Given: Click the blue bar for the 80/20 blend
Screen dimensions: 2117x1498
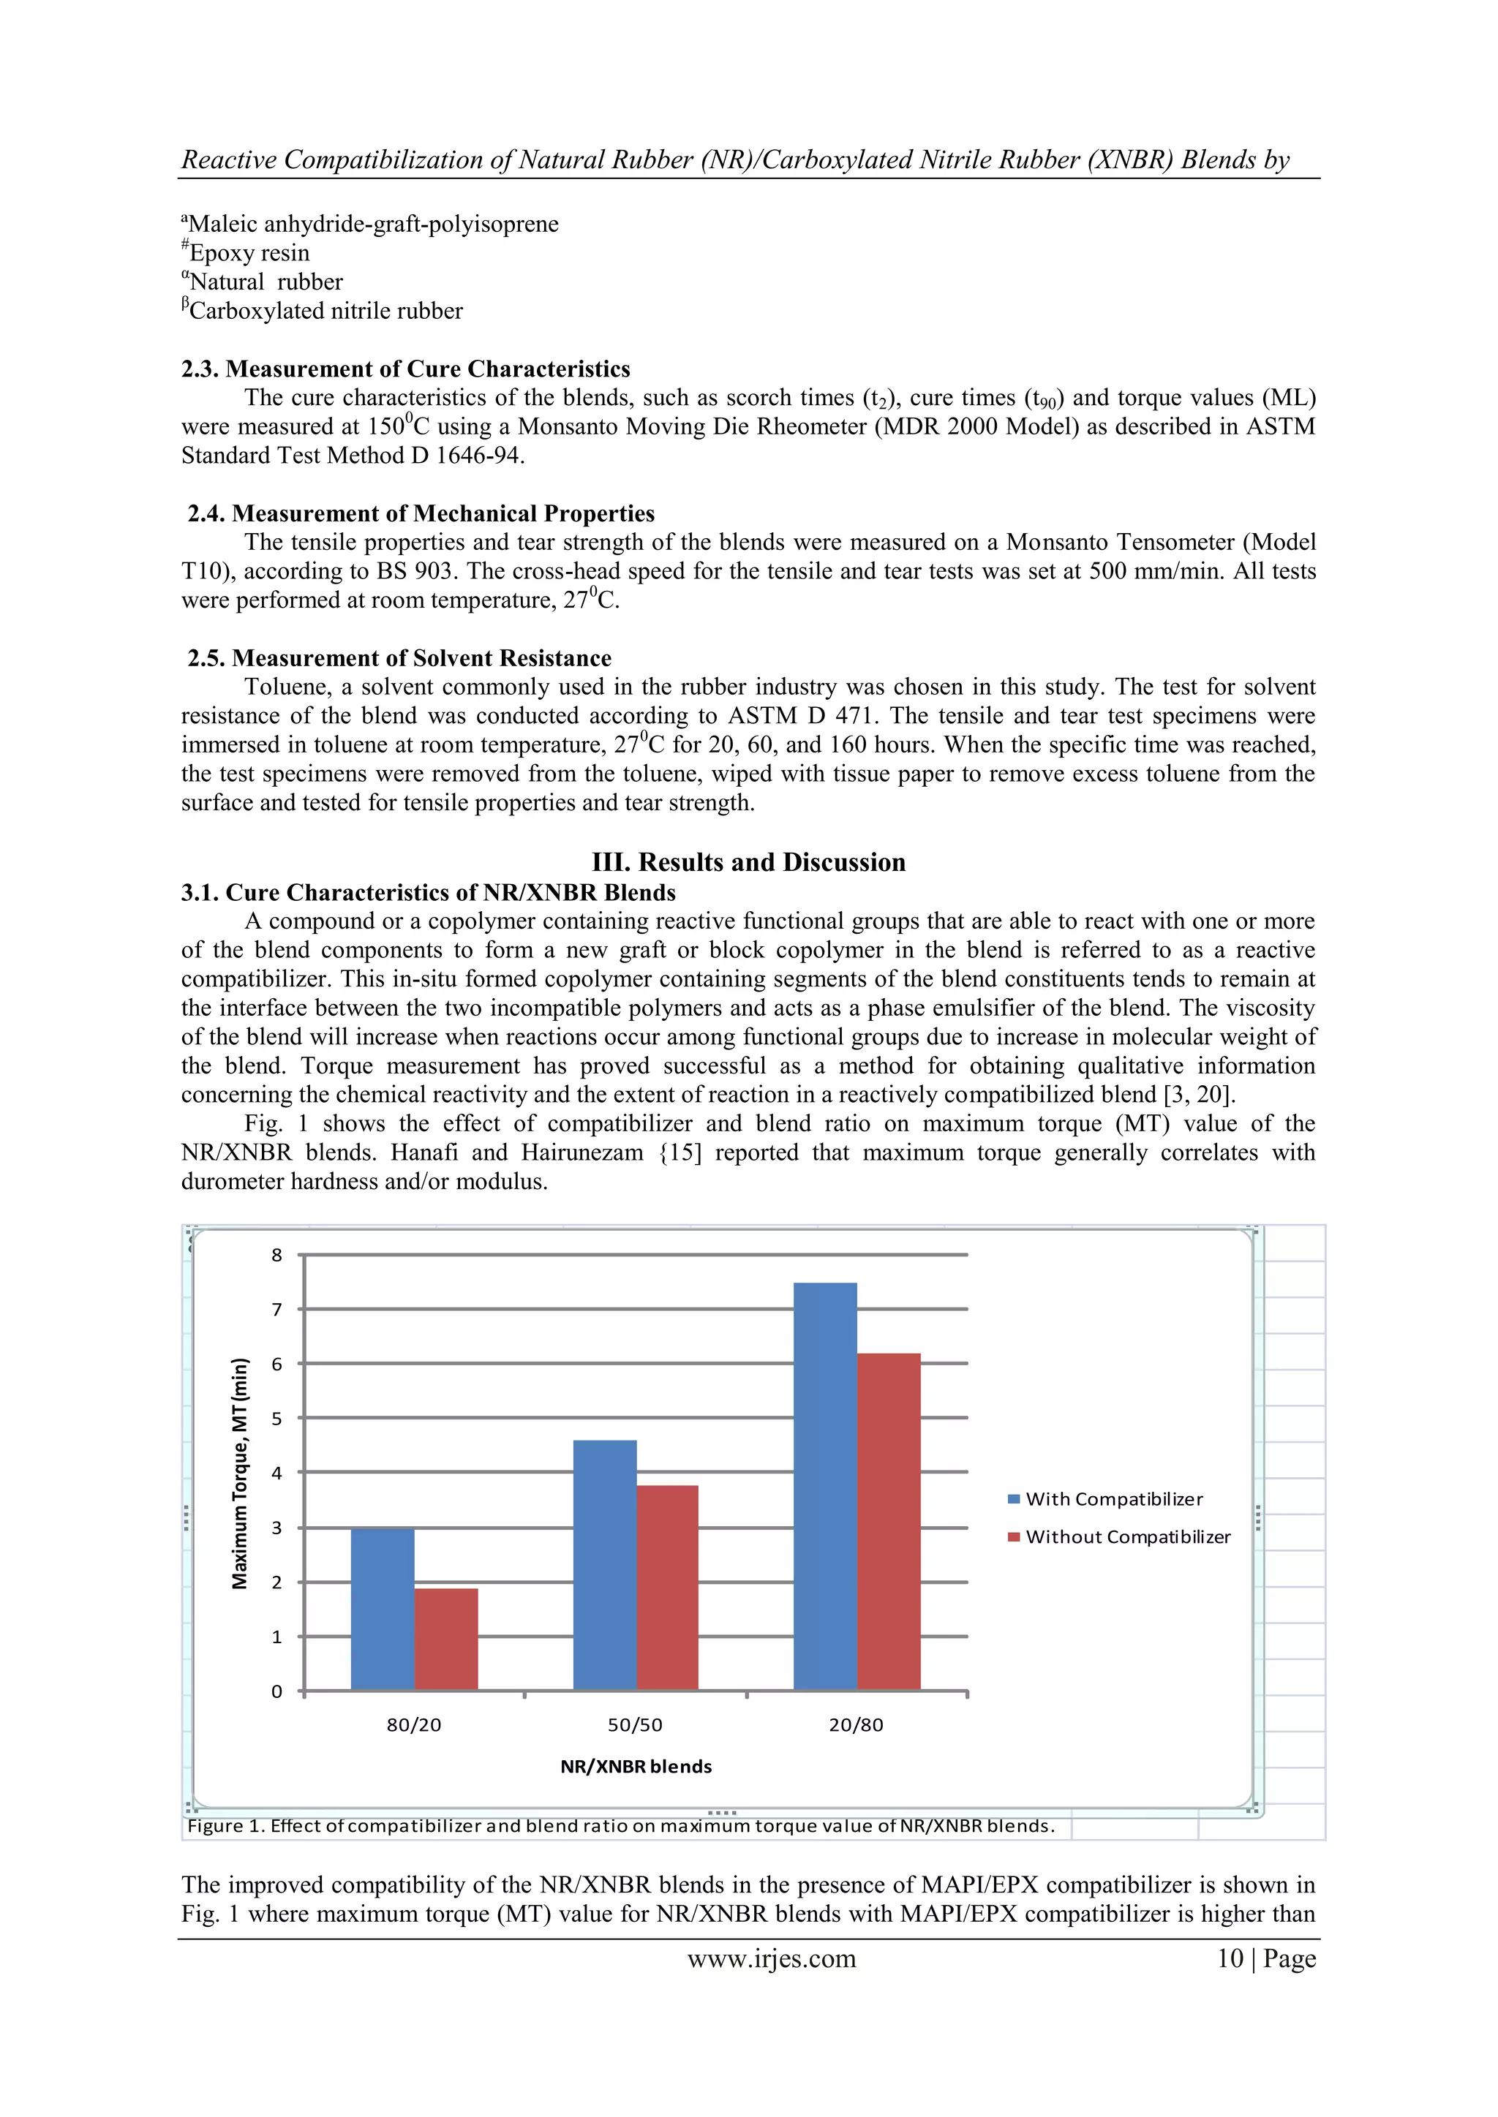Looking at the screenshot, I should click(382, 1609).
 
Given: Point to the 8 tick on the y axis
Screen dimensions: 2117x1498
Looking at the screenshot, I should click(276, 1255).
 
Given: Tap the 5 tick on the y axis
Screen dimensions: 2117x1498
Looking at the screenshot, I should click(276, 1418).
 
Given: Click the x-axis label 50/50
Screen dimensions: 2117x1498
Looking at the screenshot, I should click(635, 1725).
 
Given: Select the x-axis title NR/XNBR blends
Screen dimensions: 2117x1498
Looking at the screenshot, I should click(636, 1767).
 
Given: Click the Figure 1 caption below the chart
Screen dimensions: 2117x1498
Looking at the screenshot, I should click(620, 1826).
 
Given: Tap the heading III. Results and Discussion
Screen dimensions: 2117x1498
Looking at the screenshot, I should click(748, 862).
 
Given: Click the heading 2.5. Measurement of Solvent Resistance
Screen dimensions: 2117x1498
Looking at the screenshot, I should click(399, 657).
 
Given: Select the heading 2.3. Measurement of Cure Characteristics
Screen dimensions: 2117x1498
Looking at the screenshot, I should click(406, 369).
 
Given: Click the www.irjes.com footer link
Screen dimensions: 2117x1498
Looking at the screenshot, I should click(771, 1958).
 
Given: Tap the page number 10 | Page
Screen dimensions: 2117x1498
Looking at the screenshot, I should click(1265, 1958).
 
